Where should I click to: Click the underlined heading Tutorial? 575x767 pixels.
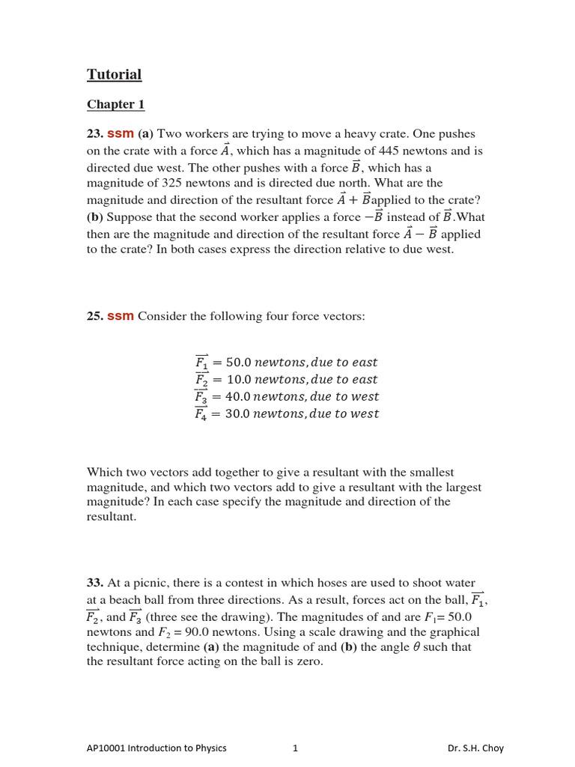114,75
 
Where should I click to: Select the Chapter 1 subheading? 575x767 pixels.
115,105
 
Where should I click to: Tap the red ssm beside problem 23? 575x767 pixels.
121,134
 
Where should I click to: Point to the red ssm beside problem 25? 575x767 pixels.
121,317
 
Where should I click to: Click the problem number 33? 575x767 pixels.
95,583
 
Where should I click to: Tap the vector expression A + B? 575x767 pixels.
353,200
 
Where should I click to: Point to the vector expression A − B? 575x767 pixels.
420,234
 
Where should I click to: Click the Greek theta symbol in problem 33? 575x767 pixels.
416,647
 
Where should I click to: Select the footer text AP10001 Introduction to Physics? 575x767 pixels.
156,748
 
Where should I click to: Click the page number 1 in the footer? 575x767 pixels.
295,748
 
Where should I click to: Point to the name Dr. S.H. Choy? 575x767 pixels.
475,748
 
